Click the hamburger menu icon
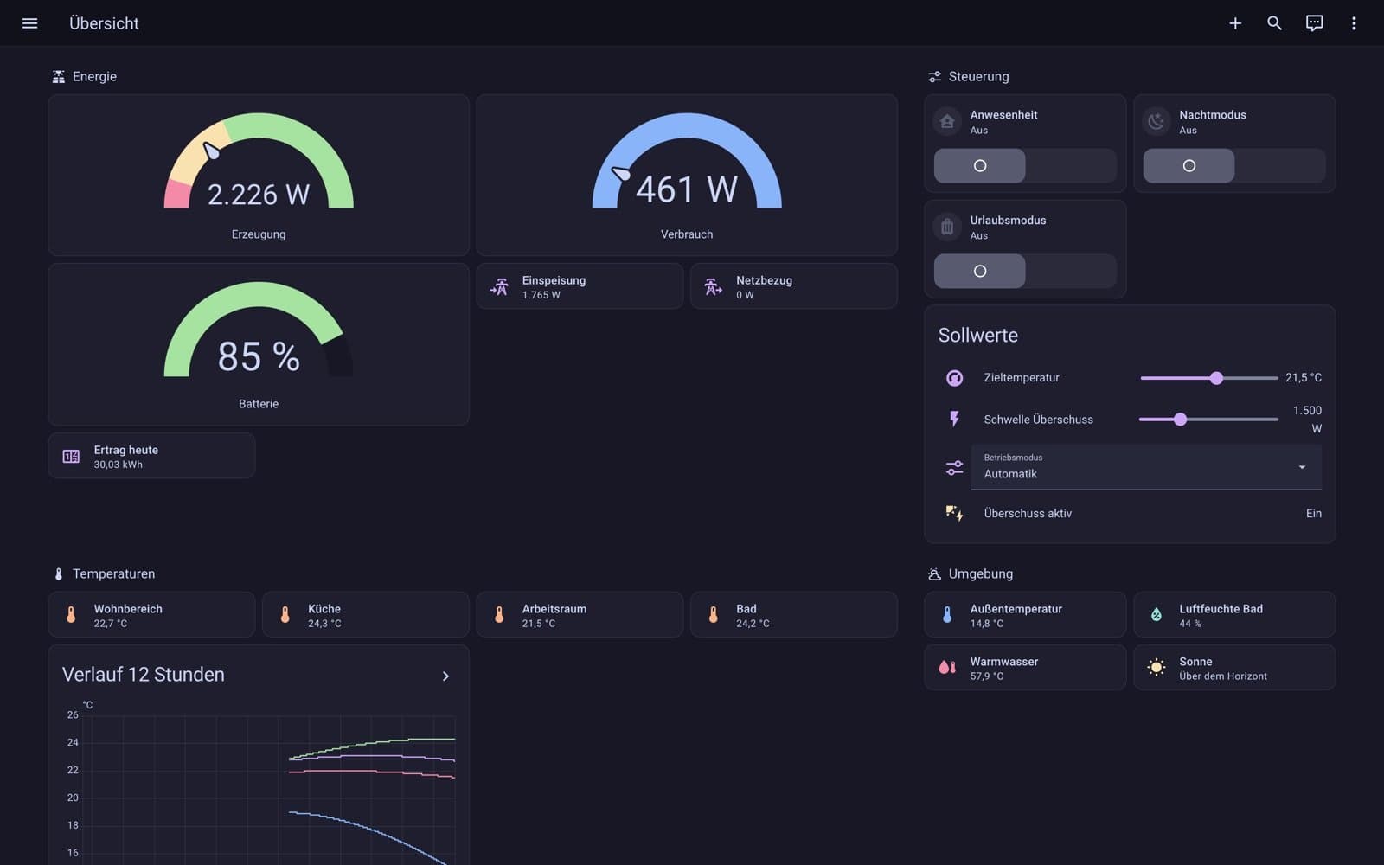pos(29,23)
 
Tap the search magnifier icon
pos(1274,23)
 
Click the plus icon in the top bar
pos(1235,23)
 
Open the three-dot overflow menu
pos(1354,23)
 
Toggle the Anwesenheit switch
pos(1025,165)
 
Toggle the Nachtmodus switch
pos(1233,165)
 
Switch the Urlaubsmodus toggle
pos(1025,271)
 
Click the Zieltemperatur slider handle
pos(1216,377)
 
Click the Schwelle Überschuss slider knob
pos(1180,420)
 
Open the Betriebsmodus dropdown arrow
pos(1302,467)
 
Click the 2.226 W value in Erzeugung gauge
pos(259,195)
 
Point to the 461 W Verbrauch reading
pos(687,189)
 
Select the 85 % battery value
pos(259,356)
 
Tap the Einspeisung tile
pos(580,286)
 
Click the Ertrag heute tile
pos(151,456)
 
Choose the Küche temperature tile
pos(366,615)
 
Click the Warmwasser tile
pos(1025,667)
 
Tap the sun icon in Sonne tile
pos(1156,667)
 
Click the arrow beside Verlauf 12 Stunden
pos(445,676)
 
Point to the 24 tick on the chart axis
pos(73,743)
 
